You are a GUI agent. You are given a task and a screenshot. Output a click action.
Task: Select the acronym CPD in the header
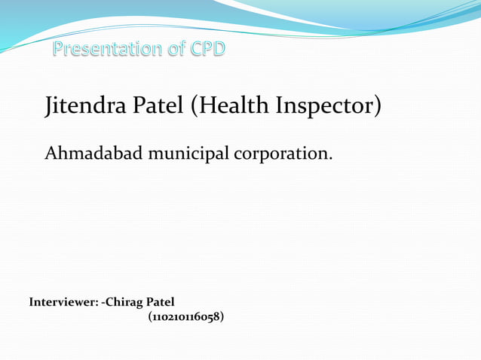tap(207, 50)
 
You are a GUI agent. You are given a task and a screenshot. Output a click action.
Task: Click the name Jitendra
tap(87, 106)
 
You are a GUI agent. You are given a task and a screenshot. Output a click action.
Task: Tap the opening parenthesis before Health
tap(194, 106)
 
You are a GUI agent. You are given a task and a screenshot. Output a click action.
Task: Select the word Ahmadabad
tap(93, 154)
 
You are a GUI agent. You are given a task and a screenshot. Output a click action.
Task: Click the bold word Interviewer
tap(63, 302)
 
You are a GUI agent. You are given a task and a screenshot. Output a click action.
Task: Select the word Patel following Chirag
tap(163, 302)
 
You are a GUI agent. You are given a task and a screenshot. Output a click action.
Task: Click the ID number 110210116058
tap(185, 317)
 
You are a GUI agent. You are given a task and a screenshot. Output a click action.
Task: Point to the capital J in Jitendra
tap(50, 108)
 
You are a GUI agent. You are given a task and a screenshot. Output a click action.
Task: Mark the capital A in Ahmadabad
tap(51, 154)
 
